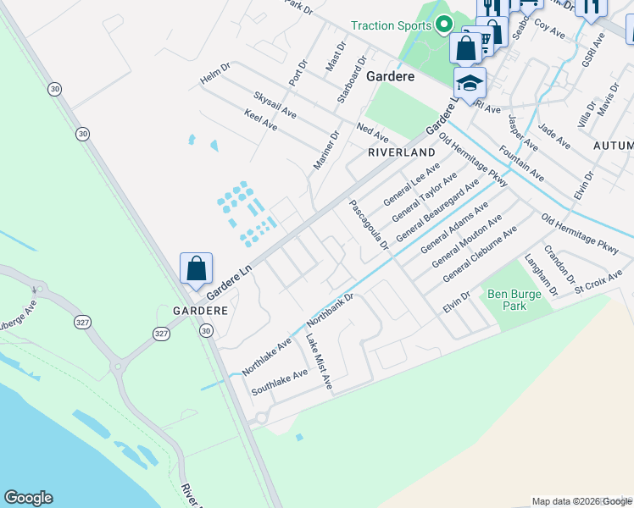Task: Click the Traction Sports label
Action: [392, 25]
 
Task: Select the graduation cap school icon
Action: [470, 83]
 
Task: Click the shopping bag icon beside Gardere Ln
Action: [197, 268]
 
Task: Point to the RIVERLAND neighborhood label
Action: [402, 152]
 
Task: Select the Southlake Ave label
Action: [280, 383]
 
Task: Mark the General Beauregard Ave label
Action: [437, 208]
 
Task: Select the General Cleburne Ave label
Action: [480, 254]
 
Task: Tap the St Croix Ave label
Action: [598, 279]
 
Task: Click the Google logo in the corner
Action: [28, 498]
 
